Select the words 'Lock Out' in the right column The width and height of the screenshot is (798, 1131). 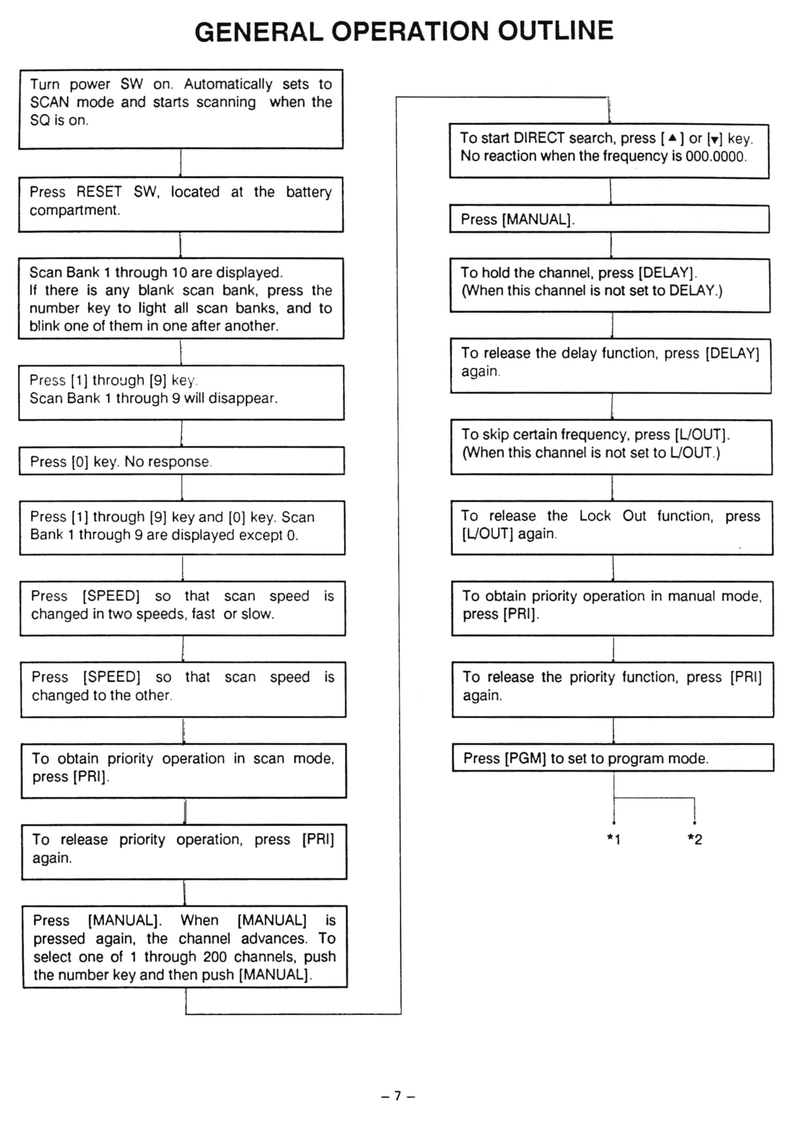coord(612,516)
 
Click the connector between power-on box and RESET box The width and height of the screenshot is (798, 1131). coord(181,163)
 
